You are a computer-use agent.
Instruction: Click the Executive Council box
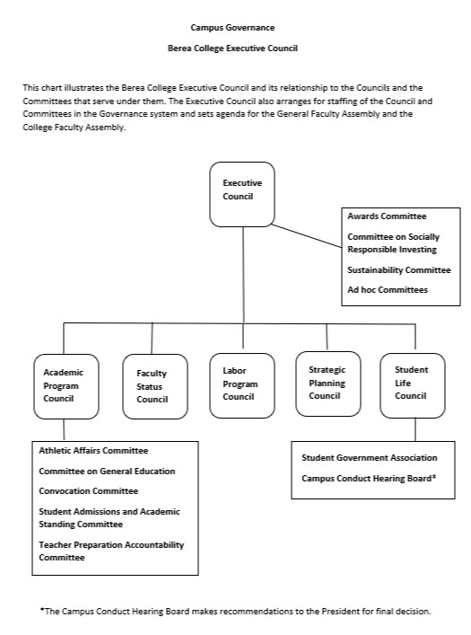point(242,193)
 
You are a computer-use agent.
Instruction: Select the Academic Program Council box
point(65,385)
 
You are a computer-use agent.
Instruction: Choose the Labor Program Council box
point(241,384)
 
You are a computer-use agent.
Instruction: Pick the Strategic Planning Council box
point(327,383)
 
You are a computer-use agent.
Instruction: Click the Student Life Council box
point(412,384)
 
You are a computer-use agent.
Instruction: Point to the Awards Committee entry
point(387,216)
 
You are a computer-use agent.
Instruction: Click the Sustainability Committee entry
point(398,269)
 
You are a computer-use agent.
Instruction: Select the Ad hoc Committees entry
point(388,289)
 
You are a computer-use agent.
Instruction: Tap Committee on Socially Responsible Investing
point(392,243)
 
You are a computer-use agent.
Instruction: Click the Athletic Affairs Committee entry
point(93,451)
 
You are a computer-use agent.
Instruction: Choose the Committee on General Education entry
point(107,471)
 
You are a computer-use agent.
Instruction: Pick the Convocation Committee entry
point(88,491)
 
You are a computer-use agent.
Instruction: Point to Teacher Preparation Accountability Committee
point(110,551)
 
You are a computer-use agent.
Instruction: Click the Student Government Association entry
point(369,458)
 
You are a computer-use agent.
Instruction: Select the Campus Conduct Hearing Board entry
point(369,478)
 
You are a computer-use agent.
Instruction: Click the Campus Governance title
point(232,29)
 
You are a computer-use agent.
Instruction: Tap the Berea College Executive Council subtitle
point(232,47)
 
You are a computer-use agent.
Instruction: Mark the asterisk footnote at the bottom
point(235,611)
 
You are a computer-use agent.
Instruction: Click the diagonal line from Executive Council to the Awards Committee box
point(310,235)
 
